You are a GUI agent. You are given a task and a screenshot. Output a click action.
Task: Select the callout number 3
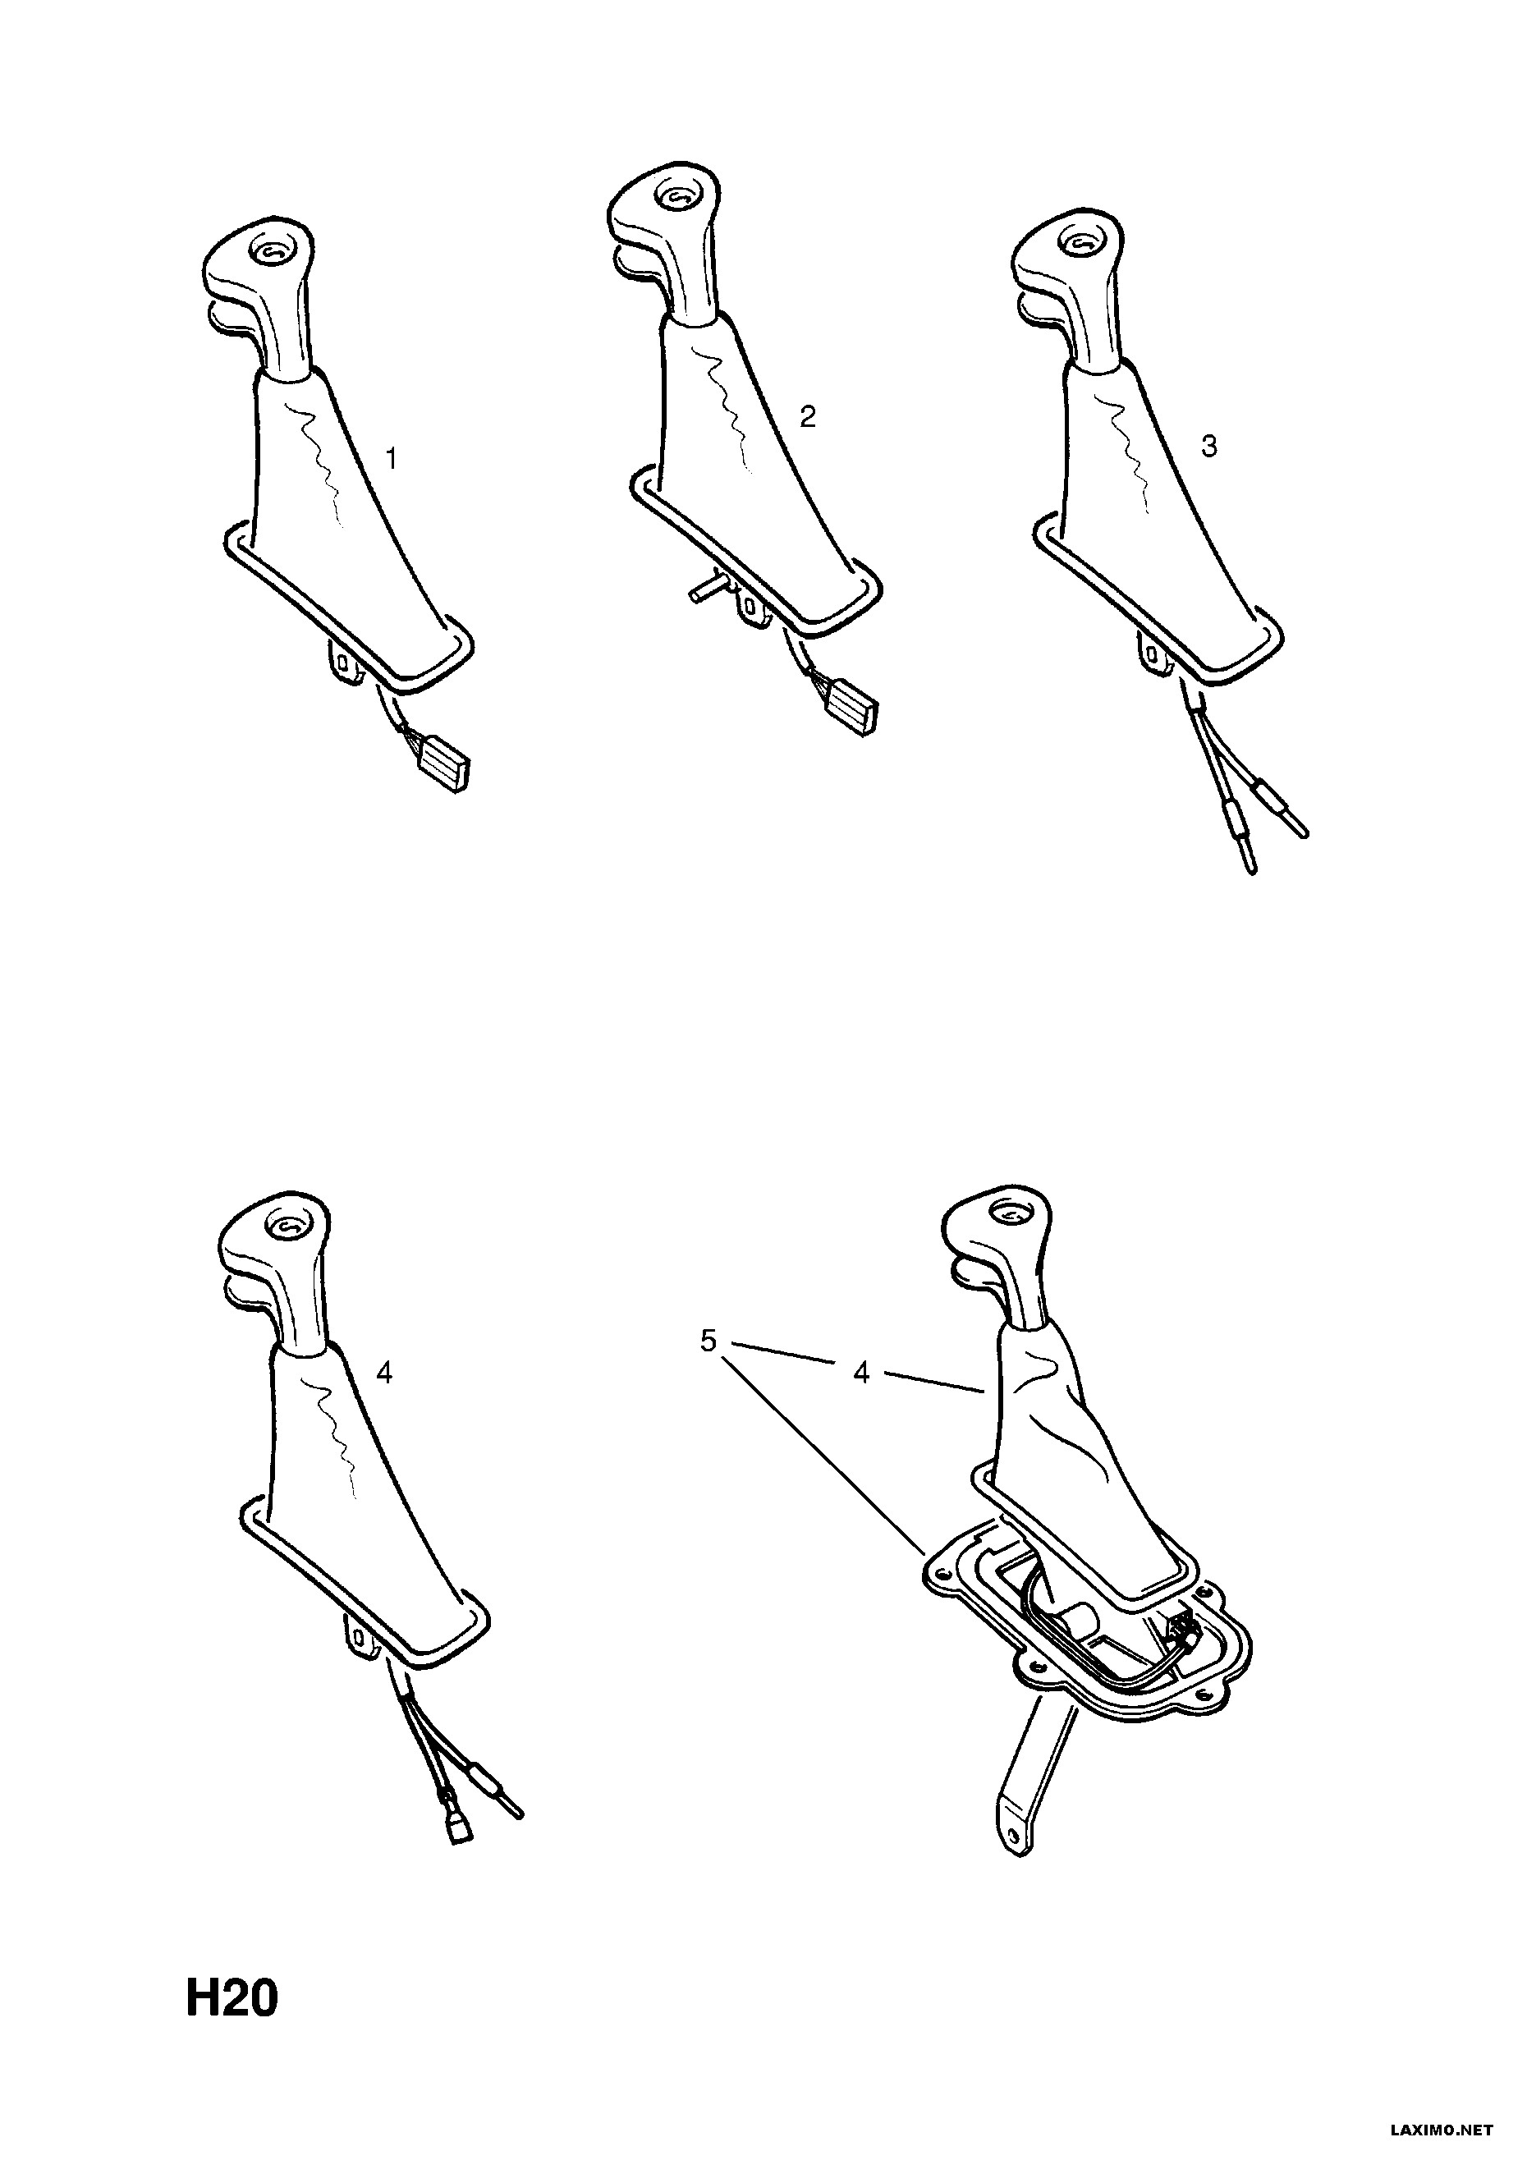click(x=1209, y=445)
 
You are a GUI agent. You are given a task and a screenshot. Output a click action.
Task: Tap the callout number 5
click(x=708, y=1341)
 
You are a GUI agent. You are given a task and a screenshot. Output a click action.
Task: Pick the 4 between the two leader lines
click(x=861, y=1373)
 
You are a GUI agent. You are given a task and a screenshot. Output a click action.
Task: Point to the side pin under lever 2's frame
click(x=706, y=589)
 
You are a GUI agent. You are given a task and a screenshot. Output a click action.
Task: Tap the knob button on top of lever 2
click(x=677, y=198)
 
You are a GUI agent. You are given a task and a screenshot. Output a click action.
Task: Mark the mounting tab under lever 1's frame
click(x=346, y=659)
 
